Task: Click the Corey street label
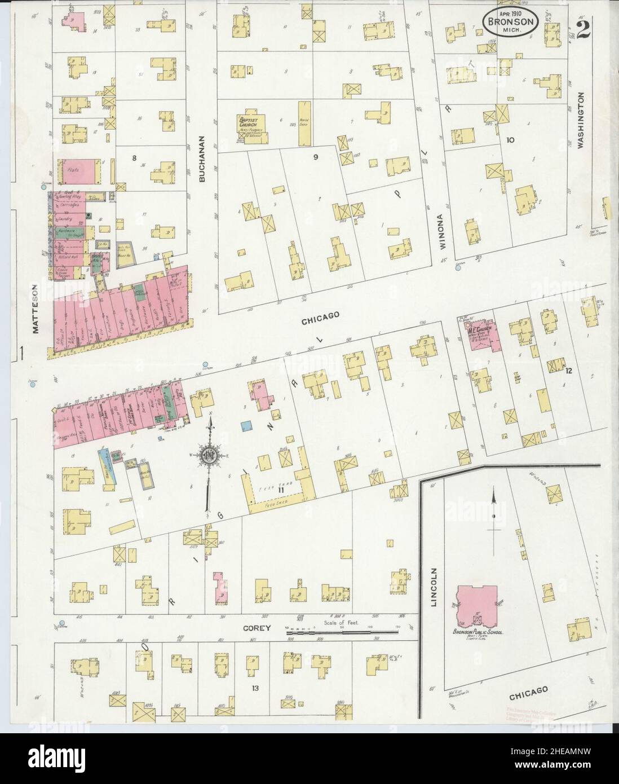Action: point(258,627)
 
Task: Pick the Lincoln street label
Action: point(434,587)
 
